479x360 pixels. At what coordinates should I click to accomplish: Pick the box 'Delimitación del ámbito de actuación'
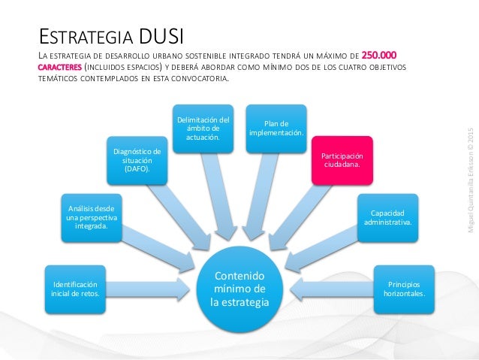pyautogui.click(x=203, y=129)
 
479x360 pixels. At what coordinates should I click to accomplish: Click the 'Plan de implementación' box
pyautogui.click(x=276, y=129)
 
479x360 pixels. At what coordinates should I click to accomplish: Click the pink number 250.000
pyautogui.click(x=380, y=55)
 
